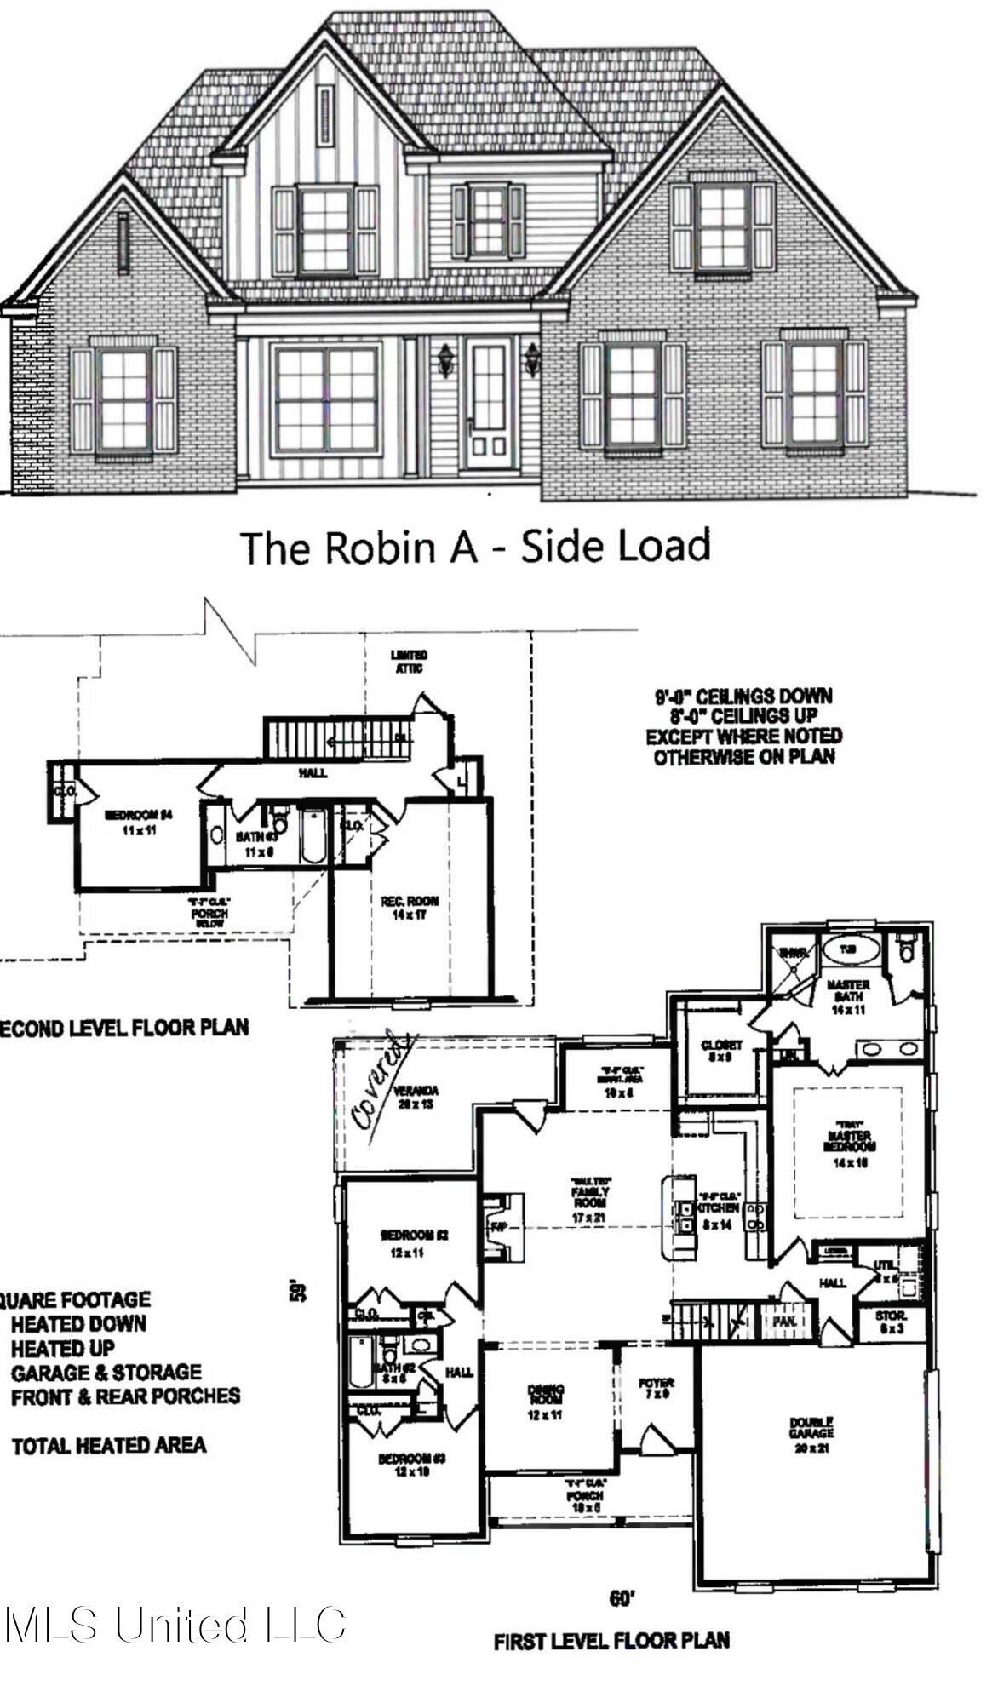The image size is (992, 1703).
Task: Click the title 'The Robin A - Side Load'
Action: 475,547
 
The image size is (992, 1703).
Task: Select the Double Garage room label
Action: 811,1428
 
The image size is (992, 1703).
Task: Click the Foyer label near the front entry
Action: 656,1389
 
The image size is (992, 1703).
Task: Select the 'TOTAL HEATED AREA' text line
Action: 108,1444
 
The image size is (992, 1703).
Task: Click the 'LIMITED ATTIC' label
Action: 409,662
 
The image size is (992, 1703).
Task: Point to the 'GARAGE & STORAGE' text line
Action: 106,1372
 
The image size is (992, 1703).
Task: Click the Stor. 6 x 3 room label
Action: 892,1322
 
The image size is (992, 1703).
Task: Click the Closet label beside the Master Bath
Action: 722,1051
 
